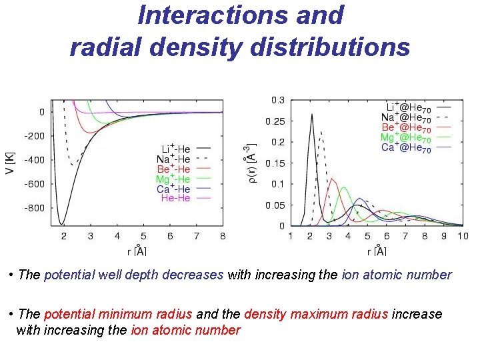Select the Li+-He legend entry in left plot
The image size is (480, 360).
coord(175,148)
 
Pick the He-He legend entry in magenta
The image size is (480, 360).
coord(175,199)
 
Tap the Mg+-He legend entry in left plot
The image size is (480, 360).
coord(173,179)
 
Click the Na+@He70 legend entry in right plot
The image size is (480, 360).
coord(405,117)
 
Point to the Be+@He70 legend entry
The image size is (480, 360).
coord(406,127)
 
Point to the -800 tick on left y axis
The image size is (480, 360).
coord(34,208)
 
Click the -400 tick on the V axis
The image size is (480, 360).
coord(34,160)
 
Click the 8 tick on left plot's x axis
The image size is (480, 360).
coord(223,236)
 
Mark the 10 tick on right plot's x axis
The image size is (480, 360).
coord(463,236)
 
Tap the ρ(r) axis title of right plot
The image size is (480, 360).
coord(248,163)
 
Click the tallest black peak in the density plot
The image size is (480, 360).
coord(312,114)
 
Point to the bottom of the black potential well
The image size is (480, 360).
coord(62,223)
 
